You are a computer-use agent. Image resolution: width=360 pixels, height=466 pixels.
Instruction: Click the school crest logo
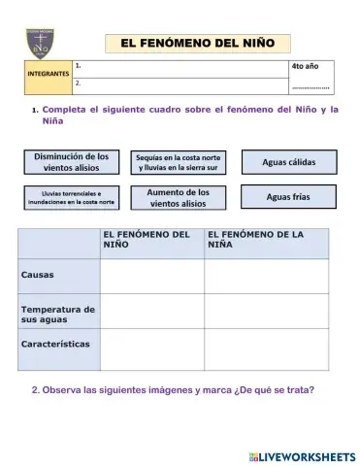[39, 44]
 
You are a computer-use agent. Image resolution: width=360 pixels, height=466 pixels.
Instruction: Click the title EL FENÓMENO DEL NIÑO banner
[197, 43]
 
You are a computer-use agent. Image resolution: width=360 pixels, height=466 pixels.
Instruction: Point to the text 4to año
[305, 66]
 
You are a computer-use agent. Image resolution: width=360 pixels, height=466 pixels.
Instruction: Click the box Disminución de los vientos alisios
[71, 161]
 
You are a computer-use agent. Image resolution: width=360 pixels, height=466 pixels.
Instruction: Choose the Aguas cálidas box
[288, 161]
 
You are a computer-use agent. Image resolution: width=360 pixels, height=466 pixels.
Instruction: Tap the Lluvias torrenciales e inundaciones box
[71, 198]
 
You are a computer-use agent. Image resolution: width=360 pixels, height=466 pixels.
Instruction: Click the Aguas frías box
[288, 197]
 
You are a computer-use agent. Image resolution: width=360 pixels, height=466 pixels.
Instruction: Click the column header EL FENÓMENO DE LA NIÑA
[265, 240]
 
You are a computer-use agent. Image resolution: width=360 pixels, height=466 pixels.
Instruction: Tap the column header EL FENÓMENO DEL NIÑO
[150, 240]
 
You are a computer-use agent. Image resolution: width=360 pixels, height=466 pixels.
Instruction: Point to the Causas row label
[58, 275]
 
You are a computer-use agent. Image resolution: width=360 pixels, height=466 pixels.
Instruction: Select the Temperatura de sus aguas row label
[58, 313]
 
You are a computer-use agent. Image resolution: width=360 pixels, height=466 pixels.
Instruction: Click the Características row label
[58, 345]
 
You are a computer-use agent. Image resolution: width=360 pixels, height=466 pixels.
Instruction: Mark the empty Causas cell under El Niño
[151, 275]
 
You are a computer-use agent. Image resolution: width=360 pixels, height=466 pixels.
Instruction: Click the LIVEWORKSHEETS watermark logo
[302, 455]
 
